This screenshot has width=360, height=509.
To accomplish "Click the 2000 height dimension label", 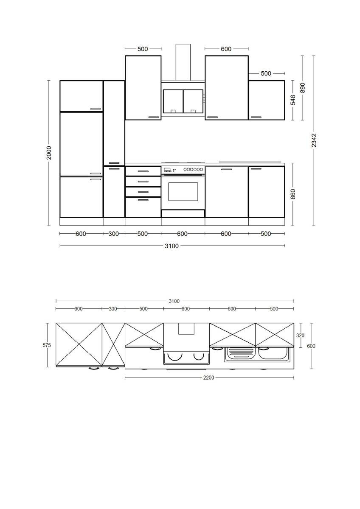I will click(x=49, y=153).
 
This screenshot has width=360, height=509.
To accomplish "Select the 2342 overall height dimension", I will click(x=314, y=140).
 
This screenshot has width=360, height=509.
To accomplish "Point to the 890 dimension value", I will click(x=302, y=88).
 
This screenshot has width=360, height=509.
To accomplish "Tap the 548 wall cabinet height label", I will click(x=292, y=100).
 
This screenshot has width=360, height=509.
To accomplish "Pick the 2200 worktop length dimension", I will click(x=209, y=378).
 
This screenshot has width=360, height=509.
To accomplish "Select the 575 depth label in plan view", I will click(x=47, y=345).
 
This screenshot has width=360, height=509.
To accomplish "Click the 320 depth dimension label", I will click(x=300, y=335).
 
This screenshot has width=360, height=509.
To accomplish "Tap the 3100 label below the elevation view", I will click(x=172, y=246).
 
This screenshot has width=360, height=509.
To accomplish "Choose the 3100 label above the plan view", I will click(x=174, y=301).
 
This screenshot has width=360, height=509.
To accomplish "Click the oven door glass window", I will click(x=183, y=192).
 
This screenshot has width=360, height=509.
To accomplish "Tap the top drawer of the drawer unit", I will click(x=143, y=171).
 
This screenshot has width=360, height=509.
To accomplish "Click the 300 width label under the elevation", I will click(x=114, y=234).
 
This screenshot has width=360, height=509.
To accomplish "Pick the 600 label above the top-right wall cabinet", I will click(x=226, y=49).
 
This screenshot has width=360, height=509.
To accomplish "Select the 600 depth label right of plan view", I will click(x=311, y=346).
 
